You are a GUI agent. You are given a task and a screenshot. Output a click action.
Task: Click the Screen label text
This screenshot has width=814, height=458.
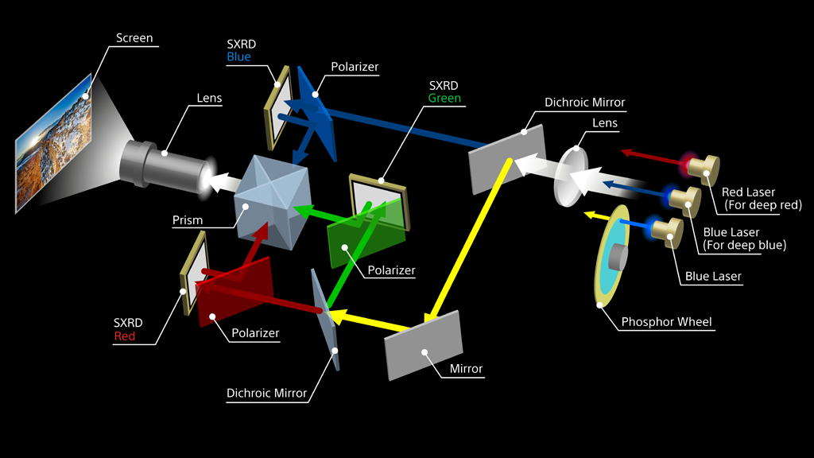[x=134, y=38]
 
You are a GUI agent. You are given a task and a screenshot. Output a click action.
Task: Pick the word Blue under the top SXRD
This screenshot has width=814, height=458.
[x=238, y=57]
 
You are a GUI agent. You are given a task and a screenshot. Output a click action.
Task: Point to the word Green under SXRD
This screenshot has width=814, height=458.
[x=444, y=99]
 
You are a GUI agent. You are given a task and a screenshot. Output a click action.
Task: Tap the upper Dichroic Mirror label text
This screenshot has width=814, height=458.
[x=584, y=103]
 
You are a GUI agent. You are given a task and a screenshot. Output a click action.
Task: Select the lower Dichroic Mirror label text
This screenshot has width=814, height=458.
[x=266, y=393]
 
